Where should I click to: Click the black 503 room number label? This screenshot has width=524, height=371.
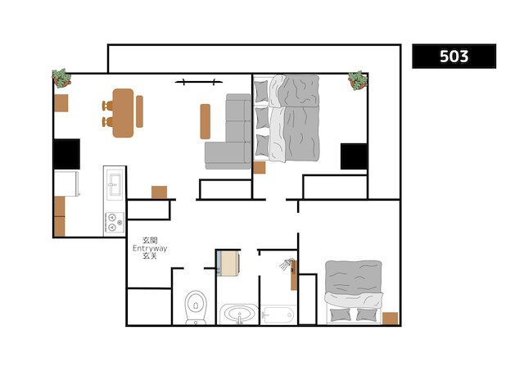pos(454,56)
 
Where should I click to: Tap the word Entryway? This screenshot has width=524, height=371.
pos(149,248)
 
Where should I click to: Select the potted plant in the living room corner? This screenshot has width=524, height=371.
pos(62,78)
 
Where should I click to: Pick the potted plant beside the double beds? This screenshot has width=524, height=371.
pos(358,80)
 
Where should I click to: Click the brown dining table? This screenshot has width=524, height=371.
pos(123,112)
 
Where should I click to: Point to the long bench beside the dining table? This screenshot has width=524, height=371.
pos(140,111)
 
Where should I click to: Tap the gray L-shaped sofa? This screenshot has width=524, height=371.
pos(229,135)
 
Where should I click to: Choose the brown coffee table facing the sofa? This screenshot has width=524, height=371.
pos(205,120)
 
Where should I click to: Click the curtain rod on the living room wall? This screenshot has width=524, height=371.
pos(199,82)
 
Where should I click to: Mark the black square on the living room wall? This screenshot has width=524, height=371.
pos(66,153)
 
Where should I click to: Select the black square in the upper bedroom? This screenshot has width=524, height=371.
pos(354,156)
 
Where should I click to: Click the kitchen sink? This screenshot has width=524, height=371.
pos(114,184)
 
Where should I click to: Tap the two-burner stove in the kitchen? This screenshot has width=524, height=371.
pos(114,222)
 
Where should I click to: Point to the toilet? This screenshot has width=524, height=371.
pos(195,306)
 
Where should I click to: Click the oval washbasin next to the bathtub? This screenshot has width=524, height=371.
pos(237,314)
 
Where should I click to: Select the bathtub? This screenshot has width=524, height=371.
pos(278,314)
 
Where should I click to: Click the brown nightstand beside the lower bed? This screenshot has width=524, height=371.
pos(391,318)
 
